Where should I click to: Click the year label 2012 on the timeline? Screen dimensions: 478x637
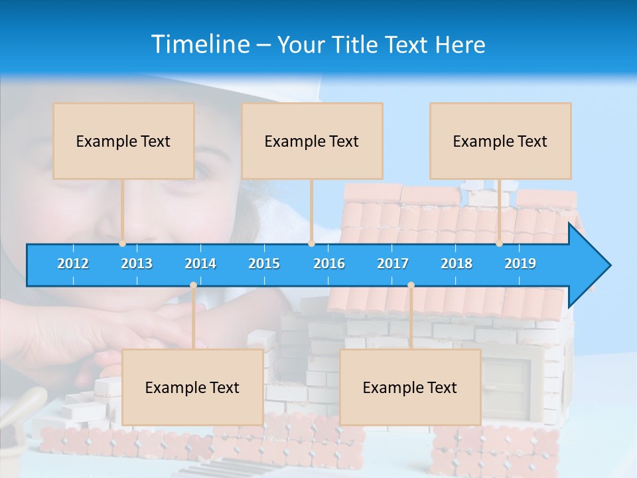(x=73, y=264)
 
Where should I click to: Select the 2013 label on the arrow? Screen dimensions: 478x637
(x=137, y=264)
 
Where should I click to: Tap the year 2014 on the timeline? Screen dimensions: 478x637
(x=200, y=264)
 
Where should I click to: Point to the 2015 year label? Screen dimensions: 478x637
(x=264, y=264)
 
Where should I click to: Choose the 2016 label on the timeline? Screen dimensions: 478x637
(x=329, y=264)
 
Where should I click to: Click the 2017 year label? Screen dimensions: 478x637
(x=393, y=264)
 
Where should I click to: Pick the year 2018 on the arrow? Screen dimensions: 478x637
(x=457, y=264)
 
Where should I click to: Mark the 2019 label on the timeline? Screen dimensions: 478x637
(x=520, y=264)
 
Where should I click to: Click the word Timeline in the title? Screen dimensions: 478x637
(x=200, y=44)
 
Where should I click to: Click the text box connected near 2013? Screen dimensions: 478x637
(x=123, y=141)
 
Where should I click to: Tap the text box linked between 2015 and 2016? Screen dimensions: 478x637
(x=312, y=141)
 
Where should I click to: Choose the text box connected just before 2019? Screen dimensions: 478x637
(x=500, y=141)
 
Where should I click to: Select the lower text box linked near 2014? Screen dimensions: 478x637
(x=192, y=387)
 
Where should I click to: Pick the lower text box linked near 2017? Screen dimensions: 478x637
(x=410, y=387)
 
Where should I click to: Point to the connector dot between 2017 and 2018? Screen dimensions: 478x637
(x=411, y=285)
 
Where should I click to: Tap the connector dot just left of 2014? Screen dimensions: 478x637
(x=193, y=285)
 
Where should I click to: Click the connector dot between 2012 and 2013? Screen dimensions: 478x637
(x=123, y=243)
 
